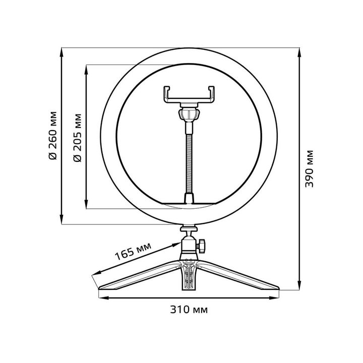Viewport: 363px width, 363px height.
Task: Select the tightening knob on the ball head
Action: click(x=202, y=246)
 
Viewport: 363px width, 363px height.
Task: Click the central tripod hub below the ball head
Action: click(x=190, y=272)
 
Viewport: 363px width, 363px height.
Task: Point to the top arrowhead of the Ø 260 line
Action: click(x=62, y=52)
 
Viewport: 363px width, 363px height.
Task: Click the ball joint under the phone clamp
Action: click(x=190, y=113)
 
